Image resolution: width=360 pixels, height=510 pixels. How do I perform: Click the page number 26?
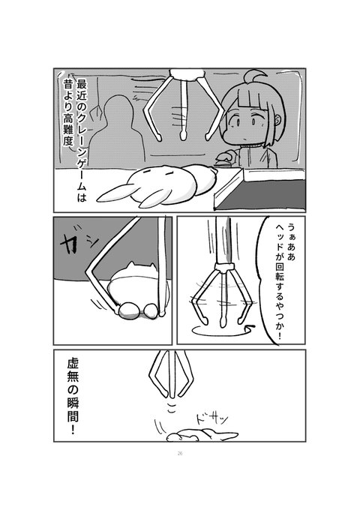180,454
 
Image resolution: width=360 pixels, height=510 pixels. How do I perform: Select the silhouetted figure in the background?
117,132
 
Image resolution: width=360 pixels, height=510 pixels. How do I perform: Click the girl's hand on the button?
225,158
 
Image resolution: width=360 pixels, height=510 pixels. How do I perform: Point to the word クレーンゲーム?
81,145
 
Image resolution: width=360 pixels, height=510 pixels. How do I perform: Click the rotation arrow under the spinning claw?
221,331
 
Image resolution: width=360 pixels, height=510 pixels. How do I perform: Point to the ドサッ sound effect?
211,420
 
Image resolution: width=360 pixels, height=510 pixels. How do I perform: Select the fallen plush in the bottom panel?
202,435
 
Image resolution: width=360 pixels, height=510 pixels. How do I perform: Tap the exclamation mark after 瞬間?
73,430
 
